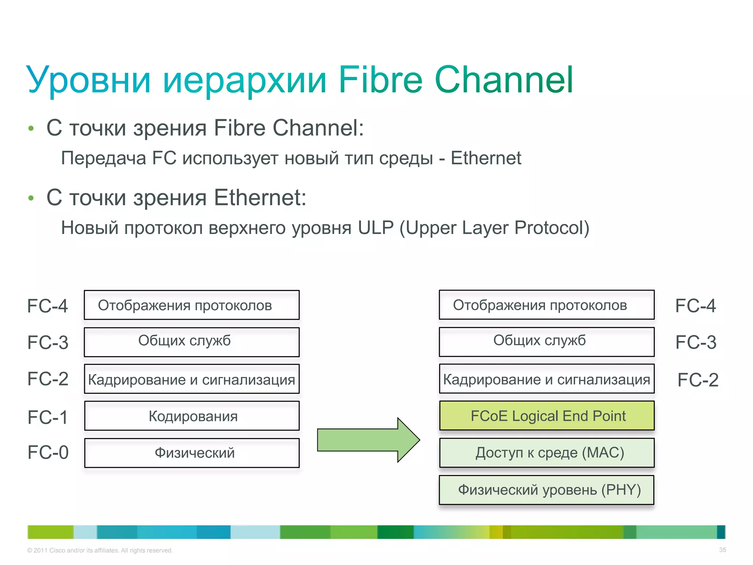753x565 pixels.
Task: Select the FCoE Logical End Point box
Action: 547,416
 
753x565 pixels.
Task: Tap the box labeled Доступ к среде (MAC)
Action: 547,453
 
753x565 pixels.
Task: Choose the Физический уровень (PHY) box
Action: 547,490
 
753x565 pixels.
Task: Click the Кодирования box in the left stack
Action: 192,416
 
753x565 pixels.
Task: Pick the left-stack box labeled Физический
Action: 192,453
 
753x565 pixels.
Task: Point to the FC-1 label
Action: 48,417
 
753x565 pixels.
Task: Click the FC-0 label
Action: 48,452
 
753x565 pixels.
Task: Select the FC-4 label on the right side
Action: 695,306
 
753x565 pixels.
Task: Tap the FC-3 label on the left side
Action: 48,342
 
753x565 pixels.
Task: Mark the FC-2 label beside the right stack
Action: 697,380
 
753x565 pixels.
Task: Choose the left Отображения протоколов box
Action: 192,305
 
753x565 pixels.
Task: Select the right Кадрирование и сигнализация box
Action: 547,379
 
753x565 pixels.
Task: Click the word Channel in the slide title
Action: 504,80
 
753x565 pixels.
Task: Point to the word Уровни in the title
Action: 89,80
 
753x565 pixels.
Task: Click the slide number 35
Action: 722,550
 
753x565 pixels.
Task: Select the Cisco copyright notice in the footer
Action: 100,550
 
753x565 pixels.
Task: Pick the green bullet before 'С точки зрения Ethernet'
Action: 31,198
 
